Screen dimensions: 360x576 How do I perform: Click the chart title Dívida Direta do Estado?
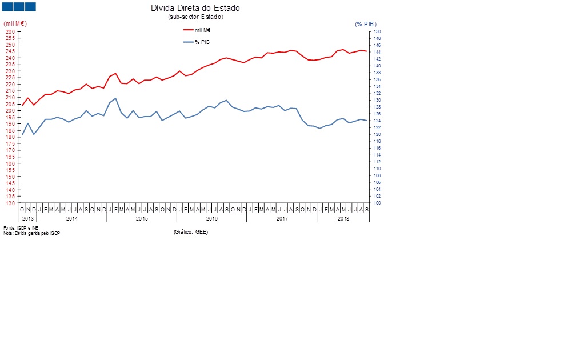click(195, 8)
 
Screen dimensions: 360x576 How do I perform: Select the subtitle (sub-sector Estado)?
click(195, 17)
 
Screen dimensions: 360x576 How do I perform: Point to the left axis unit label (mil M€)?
click(15, 23)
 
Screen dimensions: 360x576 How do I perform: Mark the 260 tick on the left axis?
click(11, 32)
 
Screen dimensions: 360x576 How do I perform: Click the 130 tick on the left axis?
click(11, 203)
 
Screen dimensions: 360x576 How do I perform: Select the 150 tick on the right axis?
click(377, 32)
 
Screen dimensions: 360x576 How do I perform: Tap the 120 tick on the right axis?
click(377, 135)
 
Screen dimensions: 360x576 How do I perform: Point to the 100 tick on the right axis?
click(377, 203)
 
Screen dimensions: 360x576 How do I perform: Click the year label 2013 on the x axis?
click(28, 219)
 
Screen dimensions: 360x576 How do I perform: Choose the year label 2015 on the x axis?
click(142, 219)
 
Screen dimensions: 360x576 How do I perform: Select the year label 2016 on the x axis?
click(211, 219)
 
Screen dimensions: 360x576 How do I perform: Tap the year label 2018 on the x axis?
click(343, 219)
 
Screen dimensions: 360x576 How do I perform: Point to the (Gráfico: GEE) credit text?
click(191, 232)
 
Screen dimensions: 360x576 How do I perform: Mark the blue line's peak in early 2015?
click(115, 98)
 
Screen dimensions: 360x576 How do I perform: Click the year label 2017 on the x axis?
click(282, 219)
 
